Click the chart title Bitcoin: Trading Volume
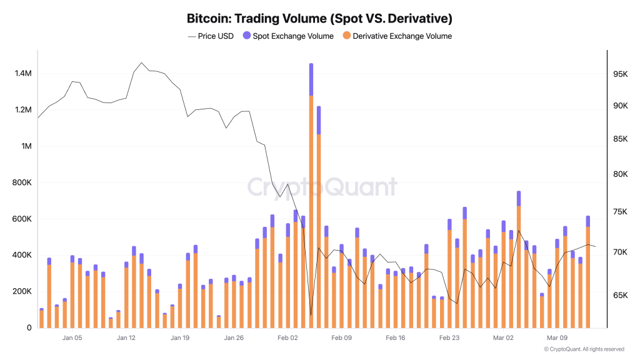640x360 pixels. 319,18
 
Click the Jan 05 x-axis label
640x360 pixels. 72,338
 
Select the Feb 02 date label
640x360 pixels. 287,338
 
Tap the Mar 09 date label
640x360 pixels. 557,338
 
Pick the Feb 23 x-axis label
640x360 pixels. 449,338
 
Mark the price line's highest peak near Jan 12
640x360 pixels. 141,63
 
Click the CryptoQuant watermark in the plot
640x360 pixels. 321,187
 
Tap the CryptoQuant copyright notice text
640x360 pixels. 584,349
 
